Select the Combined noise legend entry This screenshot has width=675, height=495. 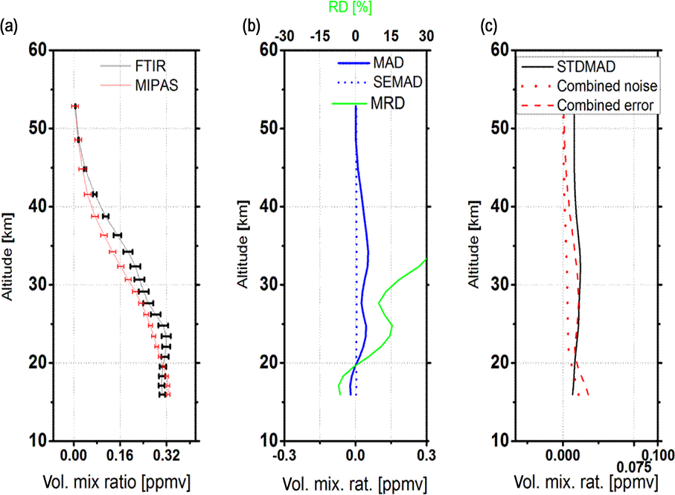tap(605, 85)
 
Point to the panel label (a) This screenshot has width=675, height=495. tap(9, 27)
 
